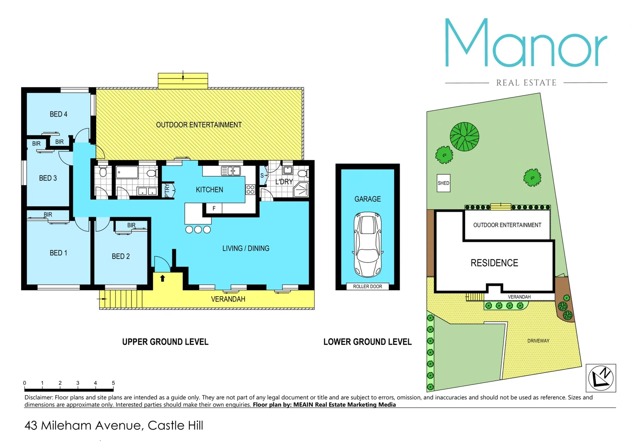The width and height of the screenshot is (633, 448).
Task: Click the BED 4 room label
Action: coord(58,114)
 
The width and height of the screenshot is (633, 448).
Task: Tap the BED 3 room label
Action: coord(48,178)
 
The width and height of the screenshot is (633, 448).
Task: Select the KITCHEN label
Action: coord(209,190)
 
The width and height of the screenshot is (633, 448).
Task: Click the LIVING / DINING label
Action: coord(246,248)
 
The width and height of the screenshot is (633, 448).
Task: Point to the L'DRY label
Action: coord(284,182)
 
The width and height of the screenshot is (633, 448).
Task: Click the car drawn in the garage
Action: coord(367,244)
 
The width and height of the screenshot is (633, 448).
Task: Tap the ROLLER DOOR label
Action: coord(367,287)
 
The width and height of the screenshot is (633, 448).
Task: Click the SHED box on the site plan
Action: coord(444,183)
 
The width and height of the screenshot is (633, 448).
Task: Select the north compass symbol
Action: coord(601,378)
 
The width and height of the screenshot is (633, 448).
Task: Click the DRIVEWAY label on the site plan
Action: coord(538,341)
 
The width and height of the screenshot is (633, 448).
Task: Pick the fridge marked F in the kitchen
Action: coord(214,208)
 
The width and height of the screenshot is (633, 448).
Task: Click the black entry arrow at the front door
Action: coord(162,278)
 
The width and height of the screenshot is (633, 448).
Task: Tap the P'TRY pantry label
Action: coord(167,190)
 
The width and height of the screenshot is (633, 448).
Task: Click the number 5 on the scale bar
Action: coord(113,383)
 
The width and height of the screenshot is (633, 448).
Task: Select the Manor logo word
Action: coord(526,43)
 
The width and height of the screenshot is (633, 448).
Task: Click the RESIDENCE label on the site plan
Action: coord(494,263)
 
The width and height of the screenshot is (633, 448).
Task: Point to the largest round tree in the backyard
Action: coord(464,136)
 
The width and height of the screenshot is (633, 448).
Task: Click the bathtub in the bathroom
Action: coord(127,172)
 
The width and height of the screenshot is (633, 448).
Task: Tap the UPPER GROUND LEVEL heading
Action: coord(165,342)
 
